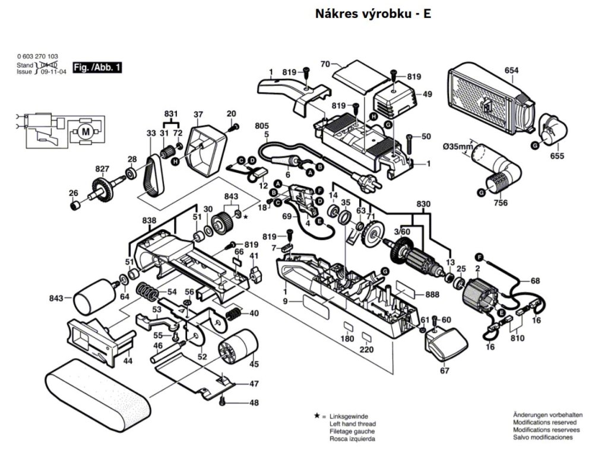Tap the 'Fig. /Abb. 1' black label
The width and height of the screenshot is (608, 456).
97,68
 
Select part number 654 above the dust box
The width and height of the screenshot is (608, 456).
511,71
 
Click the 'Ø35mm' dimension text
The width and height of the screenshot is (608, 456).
457,147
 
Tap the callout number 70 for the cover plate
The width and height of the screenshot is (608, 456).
325,64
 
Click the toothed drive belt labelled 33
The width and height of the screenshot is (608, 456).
153,173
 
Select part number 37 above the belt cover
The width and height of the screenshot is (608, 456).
198,115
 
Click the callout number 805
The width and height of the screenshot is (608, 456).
261,126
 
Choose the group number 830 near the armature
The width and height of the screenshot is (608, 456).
424,204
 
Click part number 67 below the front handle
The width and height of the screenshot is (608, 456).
444,371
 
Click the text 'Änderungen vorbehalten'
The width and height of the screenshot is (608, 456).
547,414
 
